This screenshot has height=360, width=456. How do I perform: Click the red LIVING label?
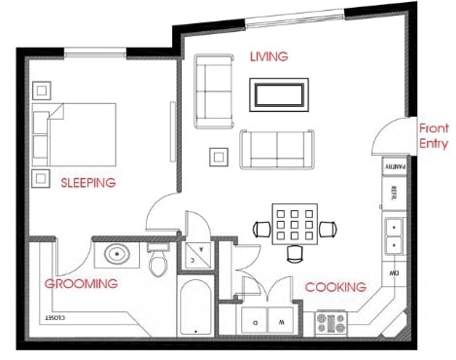tap(268, 56)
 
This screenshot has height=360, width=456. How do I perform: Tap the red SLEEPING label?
tap(88, 182)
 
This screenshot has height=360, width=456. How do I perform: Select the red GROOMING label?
tap(82, 283)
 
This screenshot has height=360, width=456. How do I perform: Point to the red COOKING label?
tap(335, 287)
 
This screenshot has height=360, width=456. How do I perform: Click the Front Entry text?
tap(433, 136)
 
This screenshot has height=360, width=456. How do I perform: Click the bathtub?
tap(195, 307)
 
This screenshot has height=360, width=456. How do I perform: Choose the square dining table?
tap(293, 228)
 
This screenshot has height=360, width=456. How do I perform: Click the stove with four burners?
tap(332, 322)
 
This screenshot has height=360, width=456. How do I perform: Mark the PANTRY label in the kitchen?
tap(396, 165)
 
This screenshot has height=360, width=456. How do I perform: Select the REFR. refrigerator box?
tap(395, 193)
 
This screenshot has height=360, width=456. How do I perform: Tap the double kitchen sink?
tap(395, 236)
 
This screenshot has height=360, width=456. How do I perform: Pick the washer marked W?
tap(281, 319)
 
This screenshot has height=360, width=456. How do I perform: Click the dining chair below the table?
tap(294, 254)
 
